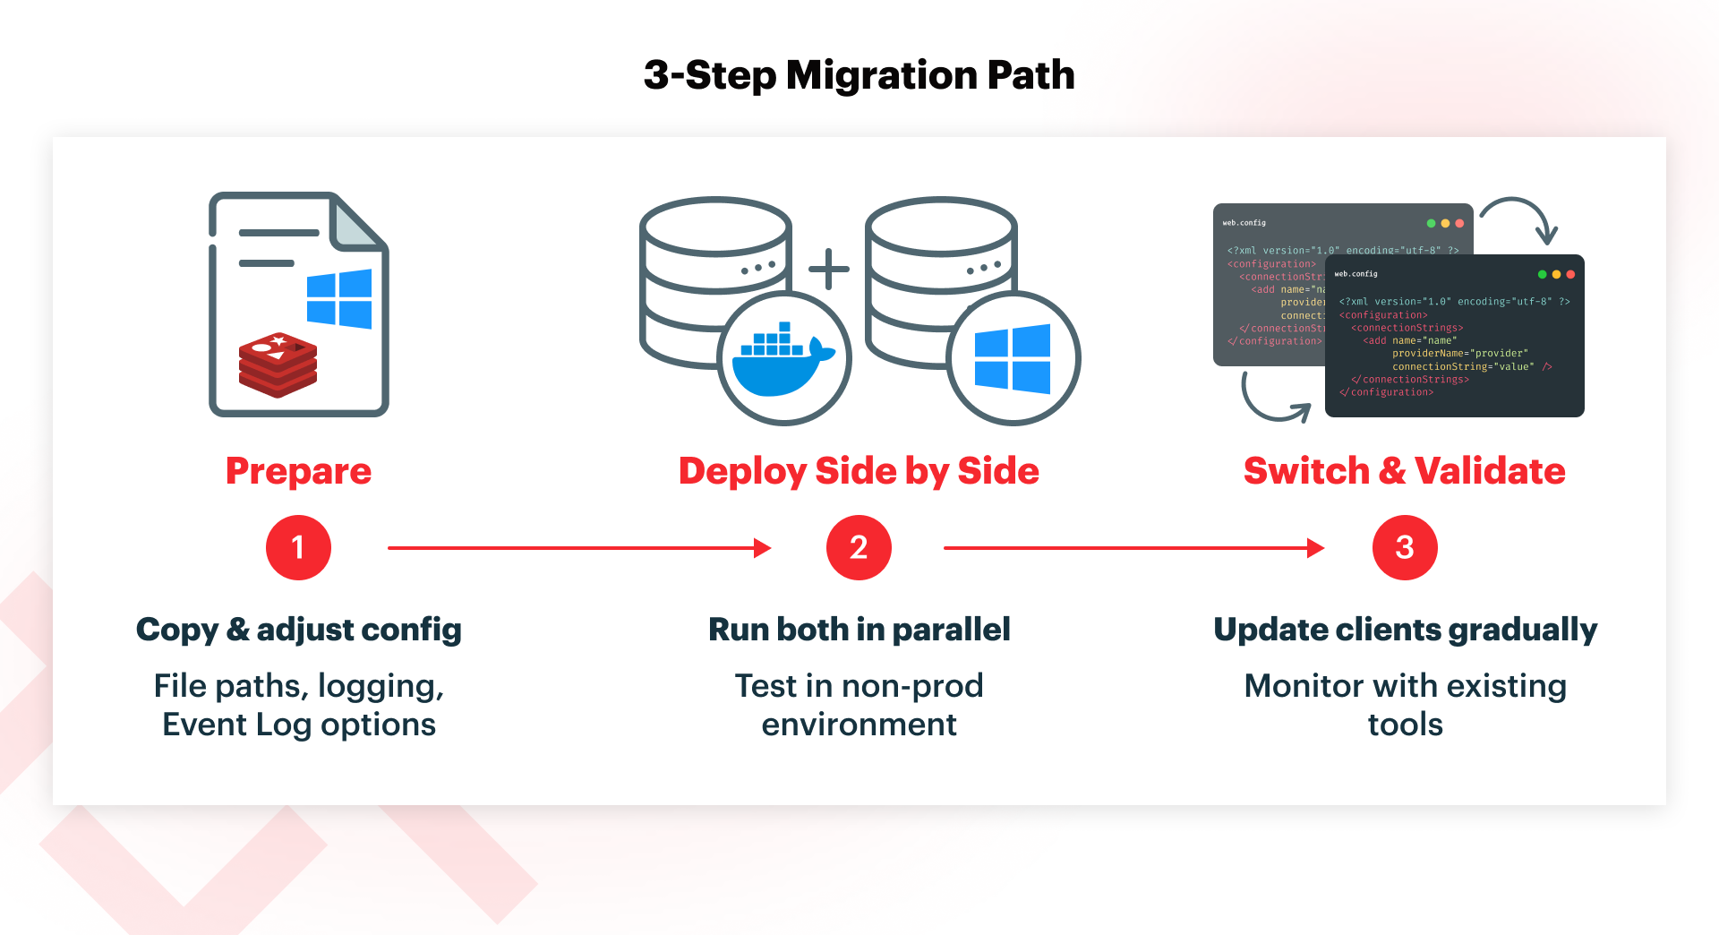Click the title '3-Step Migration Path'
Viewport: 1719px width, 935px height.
859,75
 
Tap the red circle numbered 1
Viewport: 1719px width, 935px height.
298,547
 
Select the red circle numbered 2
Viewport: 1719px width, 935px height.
859,547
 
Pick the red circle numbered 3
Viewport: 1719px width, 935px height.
1404,547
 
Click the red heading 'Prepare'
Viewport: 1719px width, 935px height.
298,471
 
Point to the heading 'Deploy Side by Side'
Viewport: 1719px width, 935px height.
859,471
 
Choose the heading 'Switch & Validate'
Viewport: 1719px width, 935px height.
1404,471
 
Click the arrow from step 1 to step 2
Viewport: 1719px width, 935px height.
578,547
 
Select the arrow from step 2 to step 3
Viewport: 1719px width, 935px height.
1133,547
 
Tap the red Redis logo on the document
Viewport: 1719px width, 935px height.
278,365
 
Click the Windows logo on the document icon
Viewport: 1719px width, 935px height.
339,298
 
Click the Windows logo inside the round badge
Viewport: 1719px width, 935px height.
1013,359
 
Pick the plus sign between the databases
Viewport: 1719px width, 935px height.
829,269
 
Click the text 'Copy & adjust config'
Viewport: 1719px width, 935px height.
298,630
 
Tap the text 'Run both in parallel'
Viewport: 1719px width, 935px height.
859,630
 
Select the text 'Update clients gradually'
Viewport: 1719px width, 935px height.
1404,630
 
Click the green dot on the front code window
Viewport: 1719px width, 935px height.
1542,274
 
